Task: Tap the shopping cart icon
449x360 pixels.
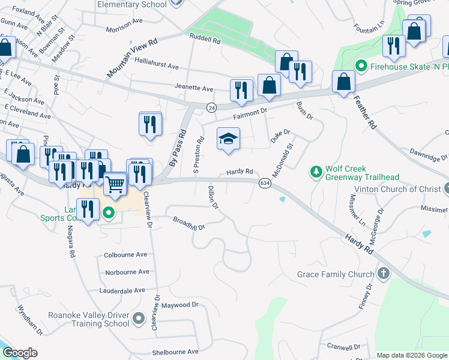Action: point(115,184)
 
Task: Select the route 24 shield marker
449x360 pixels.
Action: point(211,107)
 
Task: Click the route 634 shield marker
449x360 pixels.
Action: point(264,182)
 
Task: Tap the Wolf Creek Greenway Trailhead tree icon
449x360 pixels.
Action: point(316,173)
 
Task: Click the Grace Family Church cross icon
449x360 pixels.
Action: point(384,274)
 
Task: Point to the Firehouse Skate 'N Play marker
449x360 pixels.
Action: point(361,66)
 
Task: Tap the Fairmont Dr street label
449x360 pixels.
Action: point(249,110)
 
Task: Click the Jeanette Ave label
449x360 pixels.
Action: point(193,88)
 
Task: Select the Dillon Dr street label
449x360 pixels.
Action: point(212,197)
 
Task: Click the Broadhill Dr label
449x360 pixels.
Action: point(188,224)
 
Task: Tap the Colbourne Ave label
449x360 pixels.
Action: point(125,254)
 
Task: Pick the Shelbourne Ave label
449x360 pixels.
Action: point(175,352)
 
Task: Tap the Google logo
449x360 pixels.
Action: point(19,353)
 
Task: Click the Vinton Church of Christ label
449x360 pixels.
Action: point(397,189)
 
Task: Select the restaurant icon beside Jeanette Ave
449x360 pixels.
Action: point(241,91)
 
